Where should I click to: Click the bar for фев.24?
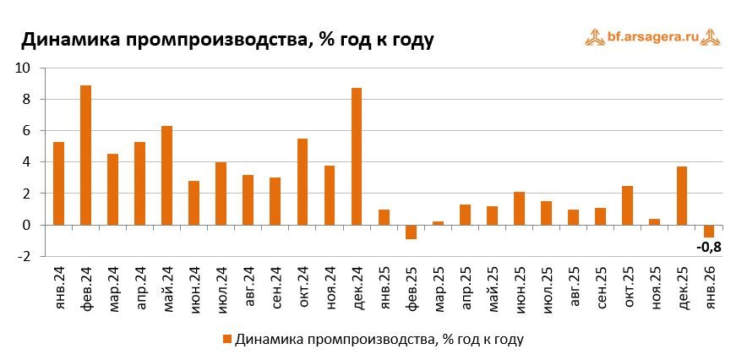(85, 155)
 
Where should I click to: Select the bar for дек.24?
(357, 156)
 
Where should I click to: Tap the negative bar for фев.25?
(411, 232)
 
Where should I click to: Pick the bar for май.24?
(166, 176)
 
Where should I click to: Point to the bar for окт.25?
(628, 205)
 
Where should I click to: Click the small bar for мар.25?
(438, 223)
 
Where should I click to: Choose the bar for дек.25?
(682, 196)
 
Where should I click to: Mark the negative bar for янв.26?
(709, 231)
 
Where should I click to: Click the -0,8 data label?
(709, 247)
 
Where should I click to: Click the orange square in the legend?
(226, 340)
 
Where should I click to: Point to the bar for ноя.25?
(655, 221)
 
